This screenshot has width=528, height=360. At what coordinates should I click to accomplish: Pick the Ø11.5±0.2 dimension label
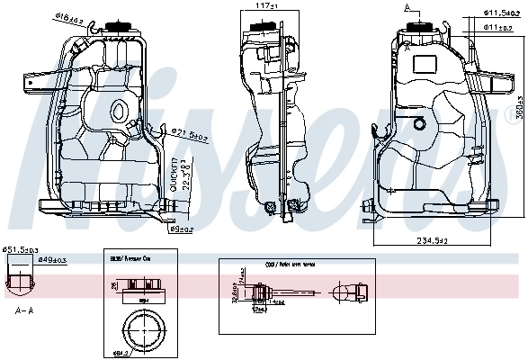point(500,13)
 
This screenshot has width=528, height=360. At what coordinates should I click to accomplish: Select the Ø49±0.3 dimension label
point(51,260)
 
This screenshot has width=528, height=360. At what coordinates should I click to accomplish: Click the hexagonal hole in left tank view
point(118,113)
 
